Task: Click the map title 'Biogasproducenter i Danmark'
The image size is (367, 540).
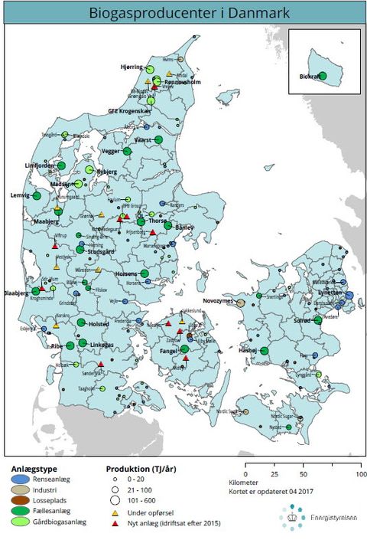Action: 183,13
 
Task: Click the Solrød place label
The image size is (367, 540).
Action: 303,322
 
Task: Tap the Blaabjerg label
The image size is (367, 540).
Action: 16,293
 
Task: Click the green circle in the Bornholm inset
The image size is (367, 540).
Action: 322,76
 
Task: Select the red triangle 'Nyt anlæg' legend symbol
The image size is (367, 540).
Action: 113,523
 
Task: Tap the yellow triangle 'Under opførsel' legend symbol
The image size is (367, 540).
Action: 113,511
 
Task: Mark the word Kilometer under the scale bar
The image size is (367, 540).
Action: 243,483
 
